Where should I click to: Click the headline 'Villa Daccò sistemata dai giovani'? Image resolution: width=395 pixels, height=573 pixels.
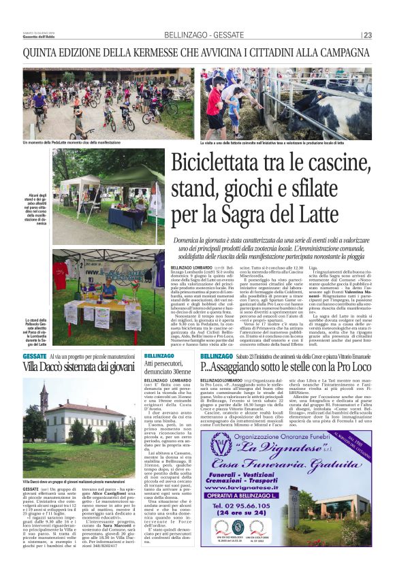[80, 366]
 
